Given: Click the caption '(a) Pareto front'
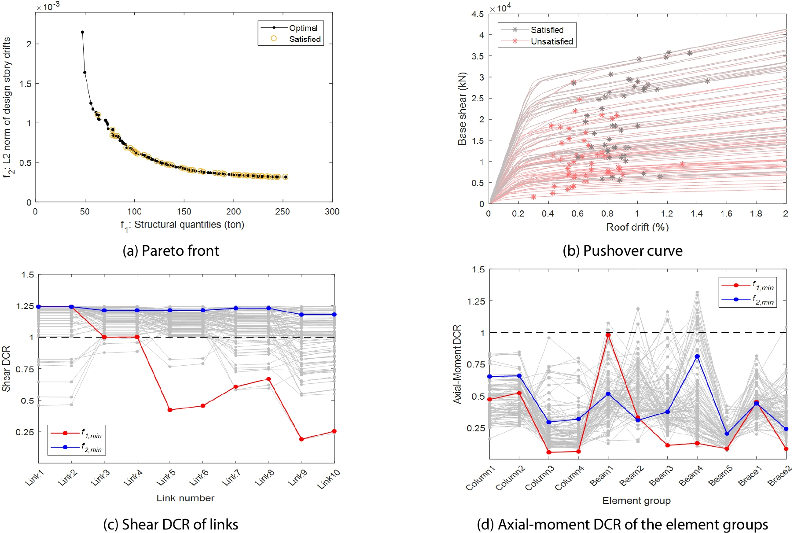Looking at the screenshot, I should tap(171, 251).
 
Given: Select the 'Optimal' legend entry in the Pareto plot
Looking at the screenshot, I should tap(303, 28).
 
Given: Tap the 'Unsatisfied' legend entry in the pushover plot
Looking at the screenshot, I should tap(551, 41).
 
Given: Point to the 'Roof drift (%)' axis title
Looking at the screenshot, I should tap(637, 227).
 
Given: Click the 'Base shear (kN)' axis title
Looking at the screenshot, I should tap(462, 109).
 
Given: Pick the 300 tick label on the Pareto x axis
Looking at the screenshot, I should tap(332, 212).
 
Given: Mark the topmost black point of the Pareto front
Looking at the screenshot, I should tap(82, 32).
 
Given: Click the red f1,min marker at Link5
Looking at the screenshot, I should tap(170, 410).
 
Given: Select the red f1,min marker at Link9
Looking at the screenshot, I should tap(301, 439).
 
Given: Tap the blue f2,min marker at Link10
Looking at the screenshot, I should tap(335, 315).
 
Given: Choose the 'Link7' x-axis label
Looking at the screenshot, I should tap(231, 478).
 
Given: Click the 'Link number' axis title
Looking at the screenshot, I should tap(185, 498).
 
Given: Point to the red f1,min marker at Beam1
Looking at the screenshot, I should tap(608, 335).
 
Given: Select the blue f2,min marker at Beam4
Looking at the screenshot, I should tap(697, 357).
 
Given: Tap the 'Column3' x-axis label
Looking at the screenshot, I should tap(539, 478).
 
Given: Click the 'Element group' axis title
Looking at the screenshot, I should tap(636, 501).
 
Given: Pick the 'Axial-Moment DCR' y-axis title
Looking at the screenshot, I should tap(457, 364).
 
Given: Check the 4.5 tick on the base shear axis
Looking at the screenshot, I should tap(478, 14).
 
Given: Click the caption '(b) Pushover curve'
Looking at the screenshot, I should tap(622, 251).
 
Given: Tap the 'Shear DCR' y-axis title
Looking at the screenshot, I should tap(6, 369).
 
